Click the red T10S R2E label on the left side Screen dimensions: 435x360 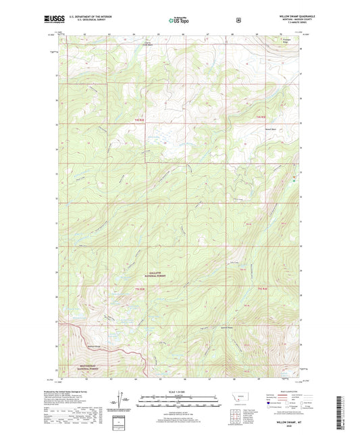(140, 120)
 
